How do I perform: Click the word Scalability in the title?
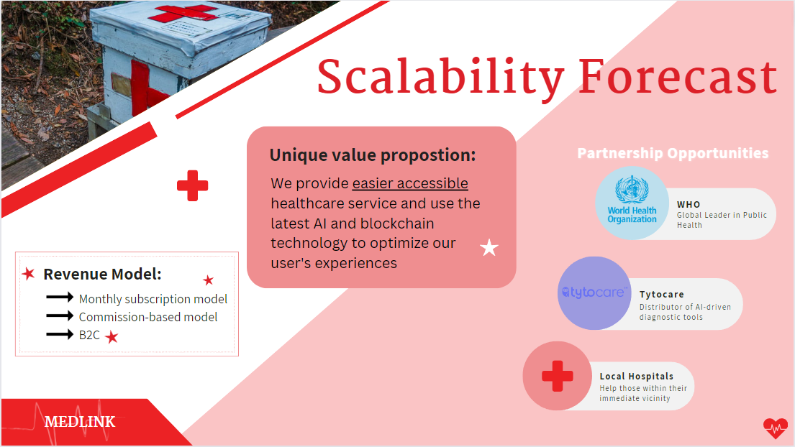tap(440, 78)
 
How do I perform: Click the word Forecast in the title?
tap(678, 76)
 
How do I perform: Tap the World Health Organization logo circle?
tap(632, 203)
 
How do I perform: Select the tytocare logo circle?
tap(594, 293)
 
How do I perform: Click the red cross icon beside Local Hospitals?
tap(557, 376)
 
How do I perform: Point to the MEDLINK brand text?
tap(80, 422)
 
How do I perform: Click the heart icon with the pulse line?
tap(776, 428)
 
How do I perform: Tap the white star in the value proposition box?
tap(489, 247)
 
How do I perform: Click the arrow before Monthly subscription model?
tap(60, 297)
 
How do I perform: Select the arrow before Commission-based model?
tap(60, 316)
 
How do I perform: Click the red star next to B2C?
tap(112, 336)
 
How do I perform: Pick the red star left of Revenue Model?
tap(28, 274)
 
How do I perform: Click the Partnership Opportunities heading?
tap(673, 153)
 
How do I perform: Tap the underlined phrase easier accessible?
tap(410, 183)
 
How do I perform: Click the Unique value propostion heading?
tap(373, 155)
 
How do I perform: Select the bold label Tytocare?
tap(662, 294)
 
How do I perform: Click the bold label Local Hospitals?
tap(636, 376)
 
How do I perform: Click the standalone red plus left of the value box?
tap(193, 186)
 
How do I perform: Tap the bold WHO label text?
tap(689, 205)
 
